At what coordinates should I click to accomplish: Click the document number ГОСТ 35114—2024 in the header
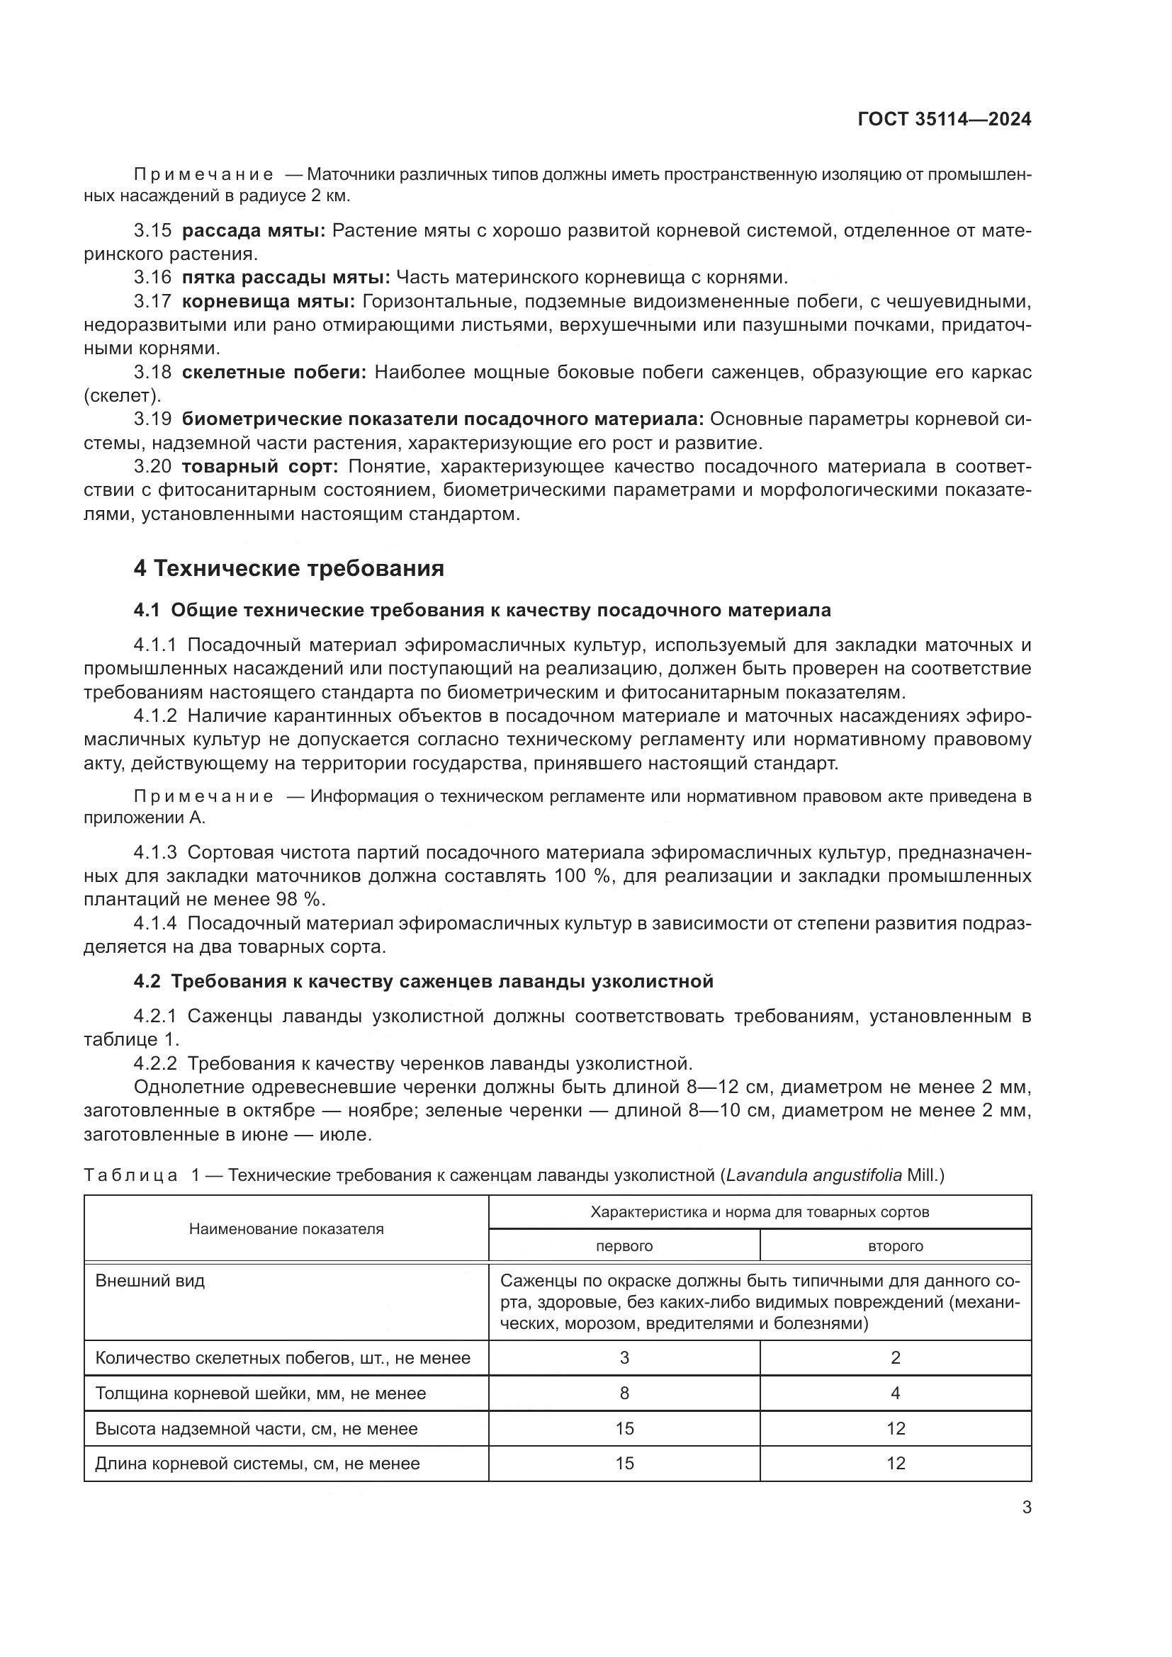(944, 120)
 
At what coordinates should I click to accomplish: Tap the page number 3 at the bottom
(1026, 1508)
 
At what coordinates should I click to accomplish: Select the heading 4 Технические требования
(288, 568)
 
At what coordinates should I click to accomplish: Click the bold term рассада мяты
(253, 231)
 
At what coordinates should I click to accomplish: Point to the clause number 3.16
(152, 277)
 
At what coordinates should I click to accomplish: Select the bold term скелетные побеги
(274, 373)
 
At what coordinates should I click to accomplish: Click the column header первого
(624, 1246)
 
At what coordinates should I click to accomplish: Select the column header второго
(895, 1246)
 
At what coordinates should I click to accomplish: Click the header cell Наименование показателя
(286, 1229)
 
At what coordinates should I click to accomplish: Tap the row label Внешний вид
(150, 1281)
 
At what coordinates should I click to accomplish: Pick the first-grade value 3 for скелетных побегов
(624, 1358)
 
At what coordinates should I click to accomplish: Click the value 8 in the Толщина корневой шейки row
(624, 1393)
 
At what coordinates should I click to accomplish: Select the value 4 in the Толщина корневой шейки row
(895, 1393)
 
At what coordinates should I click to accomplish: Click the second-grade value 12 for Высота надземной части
(895, 1429)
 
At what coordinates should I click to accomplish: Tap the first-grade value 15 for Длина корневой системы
(624, 1464)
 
